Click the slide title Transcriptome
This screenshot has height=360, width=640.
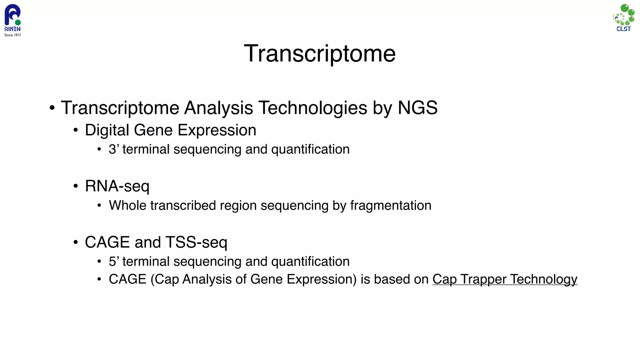click(319, 54)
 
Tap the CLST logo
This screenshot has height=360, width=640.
click(623, 17)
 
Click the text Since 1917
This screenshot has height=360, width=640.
click(12, 35)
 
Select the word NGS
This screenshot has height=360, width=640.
click(417, 108)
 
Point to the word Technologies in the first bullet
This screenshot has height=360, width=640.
click(313, 108)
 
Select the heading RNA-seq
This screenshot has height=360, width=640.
click(117, 186)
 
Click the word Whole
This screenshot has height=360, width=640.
click(127, 206)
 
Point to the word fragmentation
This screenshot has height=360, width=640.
click(391, 206)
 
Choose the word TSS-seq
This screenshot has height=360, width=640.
click(196, 242)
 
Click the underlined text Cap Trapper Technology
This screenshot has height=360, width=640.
click(505, 279)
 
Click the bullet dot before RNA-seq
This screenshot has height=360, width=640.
click(75, 186)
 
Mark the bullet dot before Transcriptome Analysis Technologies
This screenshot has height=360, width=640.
click(52, 108)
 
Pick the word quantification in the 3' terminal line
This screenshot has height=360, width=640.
click(310, 149)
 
